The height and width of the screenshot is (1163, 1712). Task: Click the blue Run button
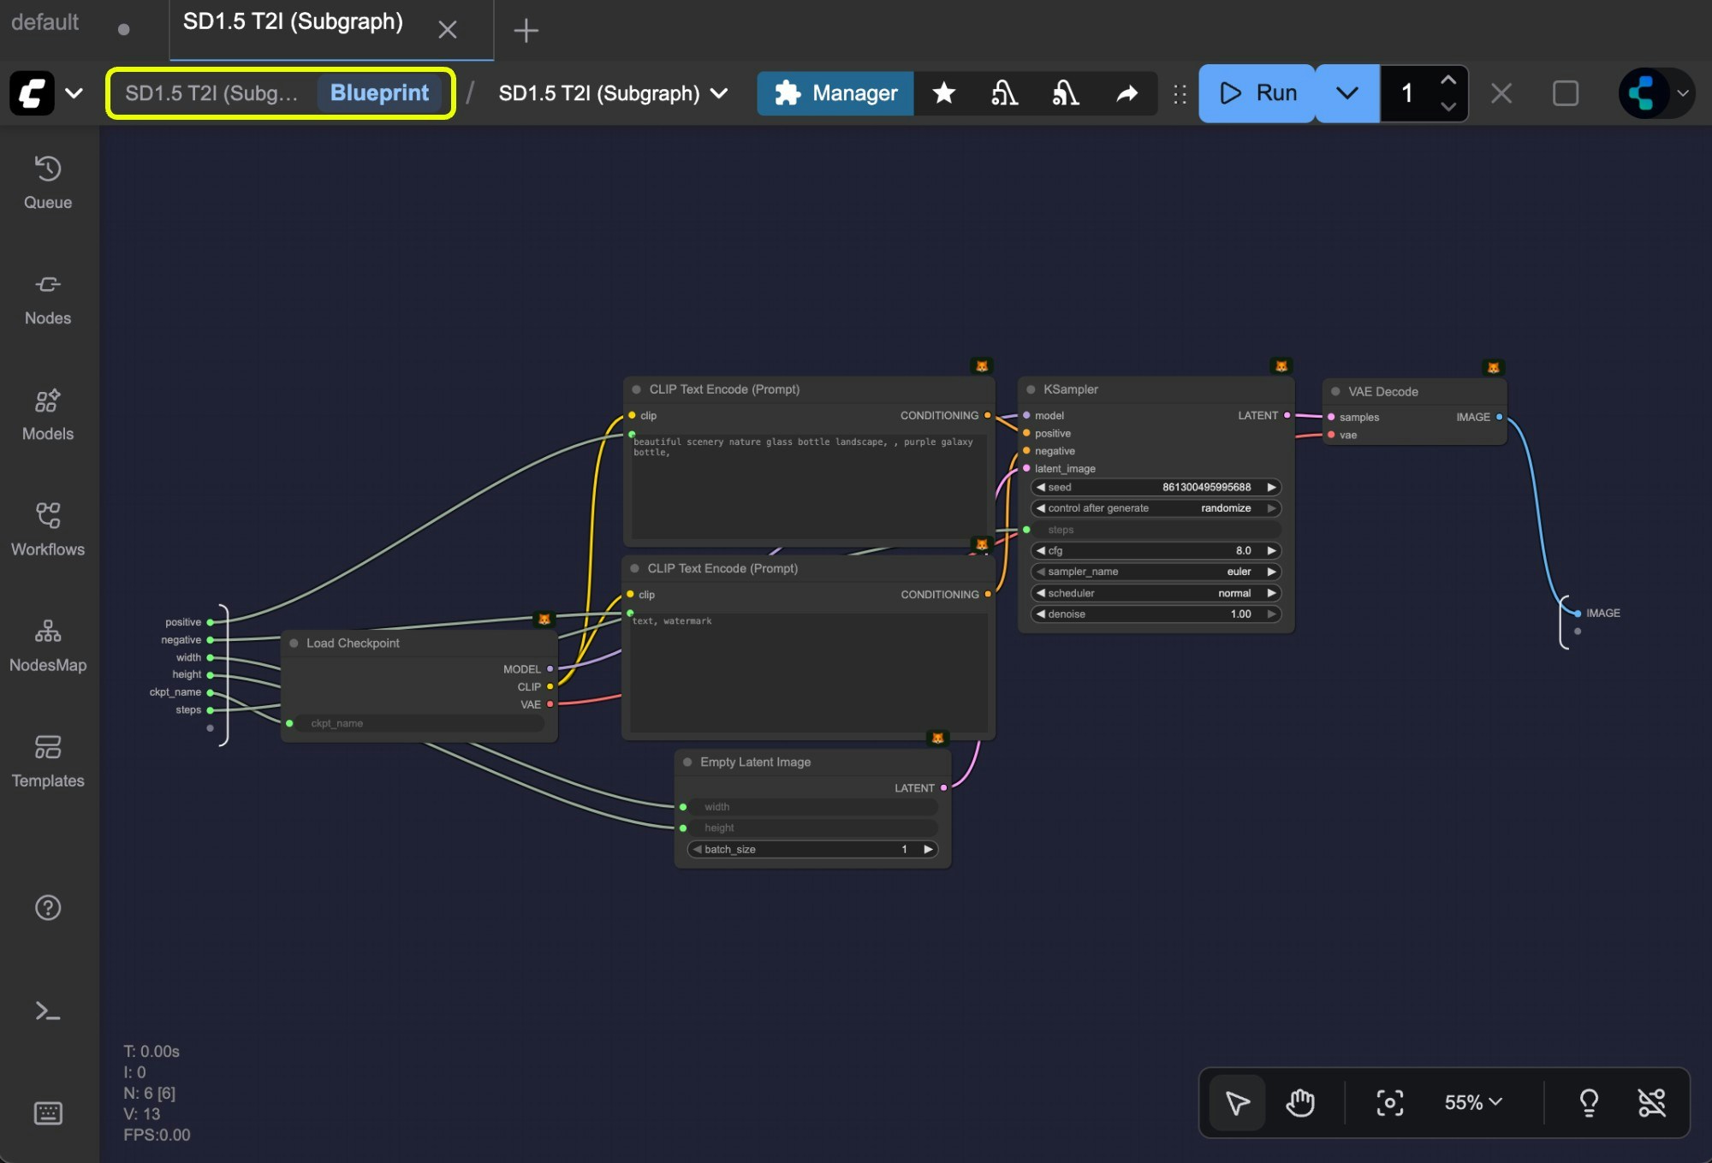[1257, 92]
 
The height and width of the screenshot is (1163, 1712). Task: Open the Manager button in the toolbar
[835, 92]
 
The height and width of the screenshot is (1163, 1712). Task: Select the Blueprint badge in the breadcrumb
[379, 92]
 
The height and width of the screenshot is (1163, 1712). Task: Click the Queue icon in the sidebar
[48, 181]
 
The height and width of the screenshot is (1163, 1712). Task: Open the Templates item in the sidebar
[48, 761]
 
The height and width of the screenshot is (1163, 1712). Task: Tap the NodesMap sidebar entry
[48, 645]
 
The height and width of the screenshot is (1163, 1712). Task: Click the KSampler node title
[1070, 389]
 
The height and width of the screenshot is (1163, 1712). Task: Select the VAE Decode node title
[1382, 392]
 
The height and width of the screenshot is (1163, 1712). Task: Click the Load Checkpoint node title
[353, 643]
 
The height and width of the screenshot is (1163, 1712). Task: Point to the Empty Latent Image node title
[755, 762]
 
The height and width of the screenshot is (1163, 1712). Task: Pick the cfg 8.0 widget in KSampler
[1156, 550]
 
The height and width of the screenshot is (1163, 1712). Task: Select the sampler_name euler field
[1156, 572]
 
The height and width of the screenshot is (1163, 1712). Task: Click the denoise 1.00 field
[1156, 614]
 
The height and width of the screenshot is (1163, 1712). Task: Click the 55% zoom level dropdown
[1472, 1102]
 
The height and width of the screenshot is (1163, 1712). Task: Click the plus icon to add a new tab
[526, 31]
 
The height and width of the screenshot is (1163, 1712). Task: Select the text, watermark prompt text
[673, 621]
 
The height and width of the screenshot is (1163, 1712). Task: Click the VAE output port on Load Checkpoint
[550, 704]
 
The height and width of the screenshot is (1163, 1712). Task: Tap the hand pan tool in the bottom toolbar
[1299, 1102]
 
